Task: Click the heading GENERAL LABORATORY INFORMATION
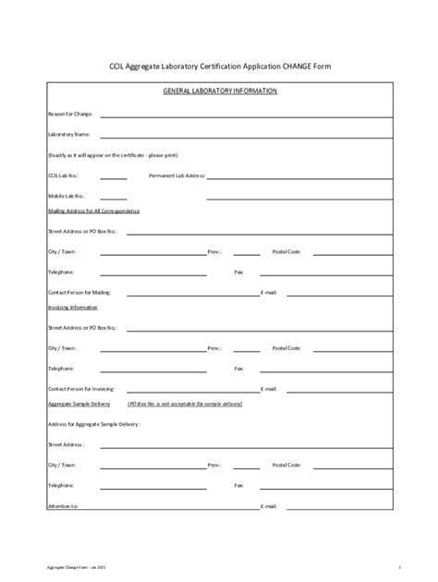tap(220, 91)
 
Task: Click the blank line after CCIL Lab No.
tap(114, 176)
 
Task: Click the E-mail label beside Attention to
tap(269, 506)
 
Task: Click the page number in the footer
tap(398, 565)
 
